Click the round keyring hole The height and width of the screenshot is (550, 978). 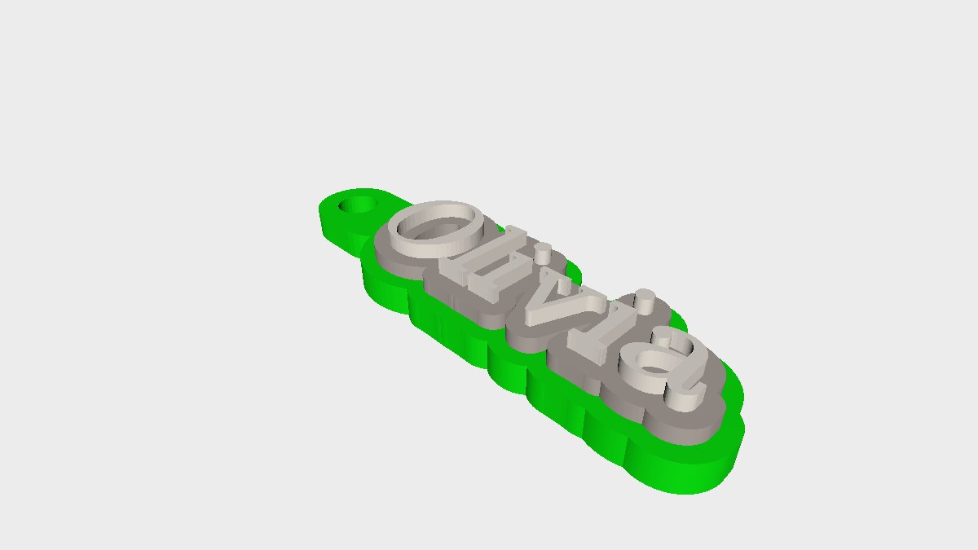tap(358, 205)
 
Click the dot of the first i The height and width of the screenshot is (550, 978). tap(543, 253)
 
